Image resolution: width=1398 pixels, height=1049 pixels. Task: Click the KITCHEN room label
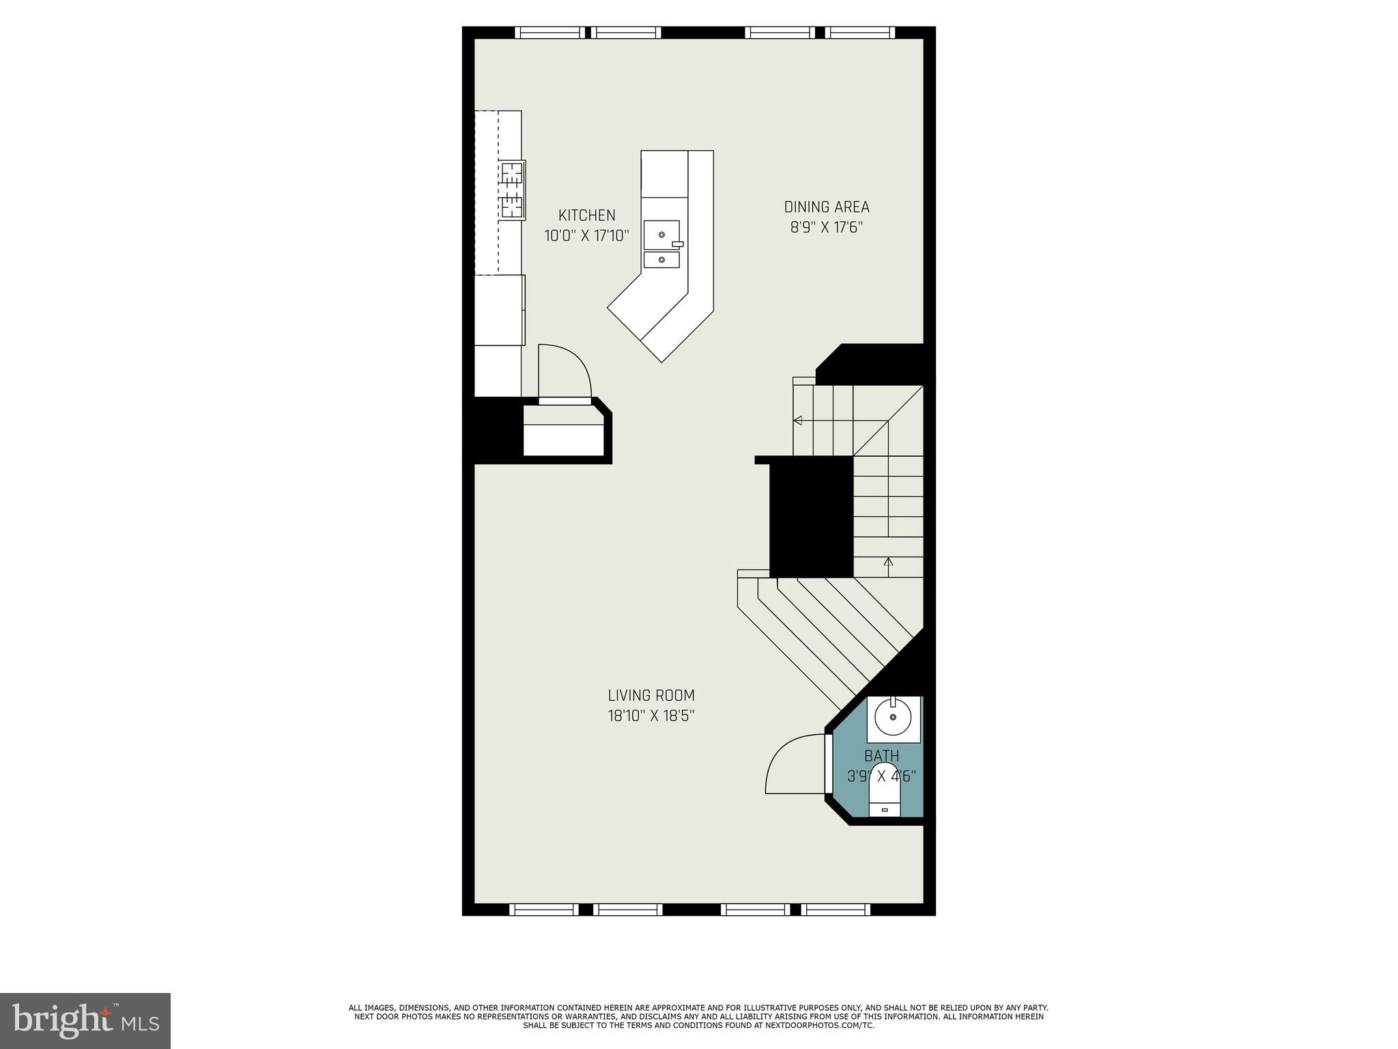pos(586,216)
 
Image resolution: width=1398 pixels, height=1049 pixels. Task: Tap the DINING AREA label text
pos(826,207)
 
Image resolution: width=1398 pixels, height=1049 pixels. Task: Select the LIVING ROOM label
pos(651,695)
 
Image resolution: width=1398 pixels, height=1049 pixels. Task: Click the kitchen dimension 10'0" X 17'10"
pos(586,236)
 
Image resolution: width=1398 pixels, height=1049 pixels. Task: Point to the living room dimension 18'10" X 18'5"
pos(651,716)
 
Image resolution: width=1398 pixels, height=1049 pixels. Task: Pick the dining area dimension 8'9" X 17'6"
pos(826,227)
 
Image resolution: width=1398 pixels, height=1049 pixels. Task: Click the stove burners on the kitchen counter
pos(512,189)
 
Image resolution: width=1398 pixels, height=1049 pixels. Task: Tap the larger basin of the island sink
pos(661,235)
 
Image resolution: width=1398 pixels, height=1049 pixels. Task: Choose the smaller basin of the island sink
pos(661,260)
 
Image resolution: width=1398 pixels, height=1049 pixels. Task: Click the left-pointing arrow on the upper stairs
pos(797,420)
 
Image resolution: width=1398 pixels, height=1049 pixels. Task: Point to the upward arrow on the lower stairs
pos(888,563)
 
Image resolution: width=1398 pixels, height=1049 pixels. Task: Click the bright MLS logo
pos(85,1020)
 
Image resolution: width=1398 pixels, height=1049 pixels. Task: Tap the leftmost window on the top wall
pos(550,32)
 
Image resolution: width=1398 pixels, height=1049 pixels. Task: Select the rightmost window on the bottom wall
pos(836,909)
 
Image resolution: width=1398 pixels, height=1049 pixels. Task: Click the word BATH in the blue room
pos(881,756)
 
